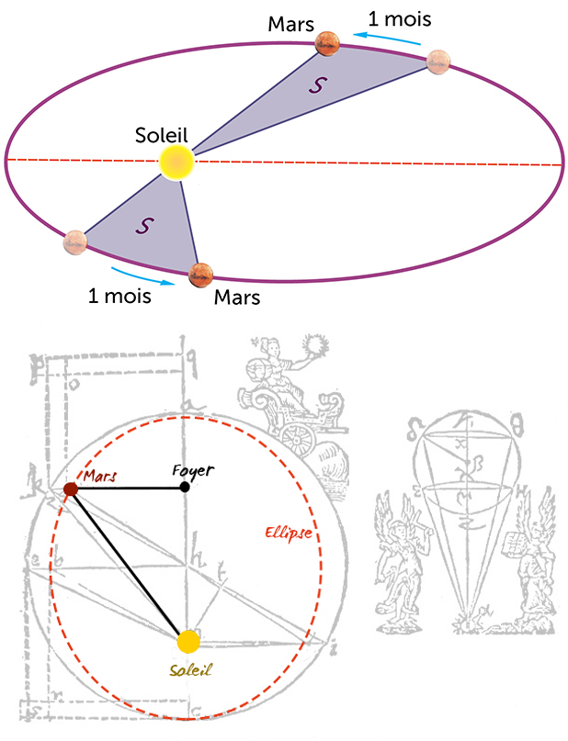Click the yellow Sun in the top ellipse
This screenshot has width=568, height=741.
coord(176,162)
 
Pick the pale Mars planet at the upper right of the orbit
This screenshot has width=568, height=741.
coord(439,62)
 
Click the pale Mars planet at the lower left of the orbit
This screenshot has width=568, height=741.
coord(75,242)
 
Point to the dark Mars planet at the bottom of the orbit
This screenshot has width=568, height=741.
coord(200,273)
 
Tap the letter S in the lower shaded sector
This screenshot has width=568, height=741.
coord(144,224)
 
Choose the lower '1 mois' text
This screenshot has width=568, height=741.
coord(119,296)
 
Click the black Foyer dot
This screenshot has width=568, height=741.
coord(185,486)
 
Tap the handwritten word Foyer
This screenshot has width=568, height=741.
coord(193,470)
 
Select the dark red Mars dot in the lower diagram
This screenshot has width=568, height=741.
coord(70,488)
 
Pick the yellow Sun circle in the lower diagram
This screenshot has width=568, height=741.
coord(187,641)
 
